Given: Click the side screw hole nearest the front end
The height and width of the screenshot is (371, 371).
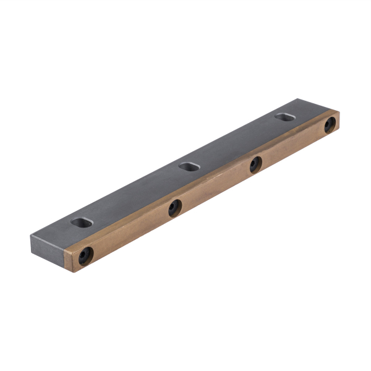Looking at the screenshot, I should tap(85, 255).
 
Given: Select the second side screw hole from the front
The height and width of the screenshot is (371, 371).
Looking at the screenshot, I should tap(175, 208).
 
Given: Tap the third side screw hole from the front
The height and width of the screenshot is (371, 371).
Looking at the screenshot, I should tap(255, 164).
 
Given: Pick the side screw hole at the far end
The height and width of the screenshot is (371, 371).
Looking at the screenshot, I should tap(330, 126).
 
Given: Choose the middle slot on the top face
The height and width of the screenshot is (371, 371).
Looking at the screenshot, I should tap(188, 166).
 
